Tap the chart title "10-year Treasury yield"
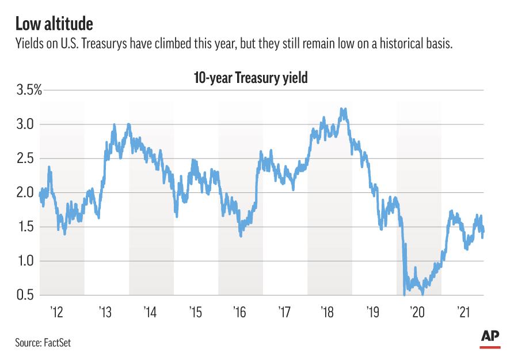[250, 78]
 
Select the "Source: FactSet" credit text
[43, 343]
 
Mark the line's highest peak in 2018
[343, 109]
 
